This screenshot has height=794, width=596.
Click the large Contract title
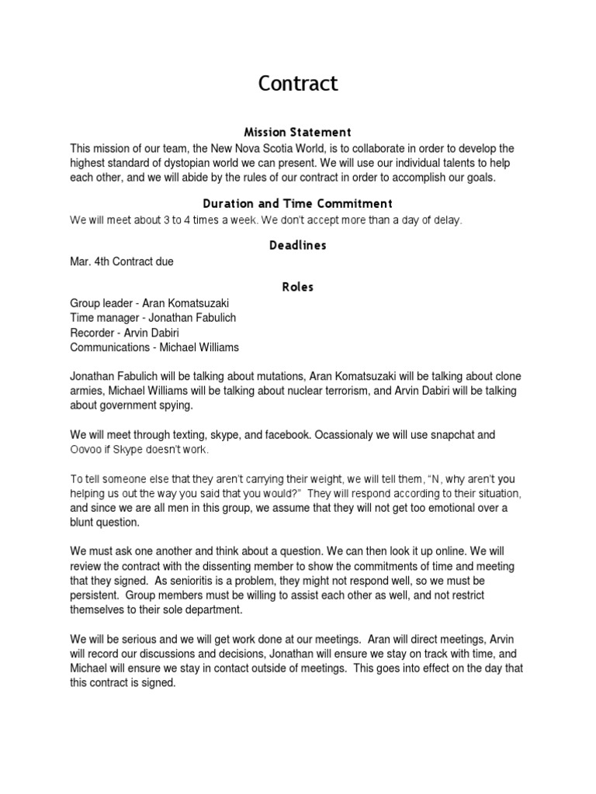(x=298, y=84)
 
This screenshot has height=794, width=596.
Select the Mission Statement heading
(x=298, y=133)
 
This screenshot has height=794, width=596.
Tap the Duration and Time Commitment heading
(x=298, y=204)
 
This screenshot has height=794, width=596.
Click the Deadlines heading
(x=298, y=245)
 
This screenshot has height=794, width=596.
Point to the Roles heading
(x=298, y=287)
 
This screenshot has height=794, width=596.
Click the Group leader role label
(x=101, y=303)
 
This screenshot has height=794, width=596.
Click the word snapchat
(x=445, y=435)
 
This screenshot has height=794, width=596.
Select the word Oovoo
(x=85, y=451)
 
